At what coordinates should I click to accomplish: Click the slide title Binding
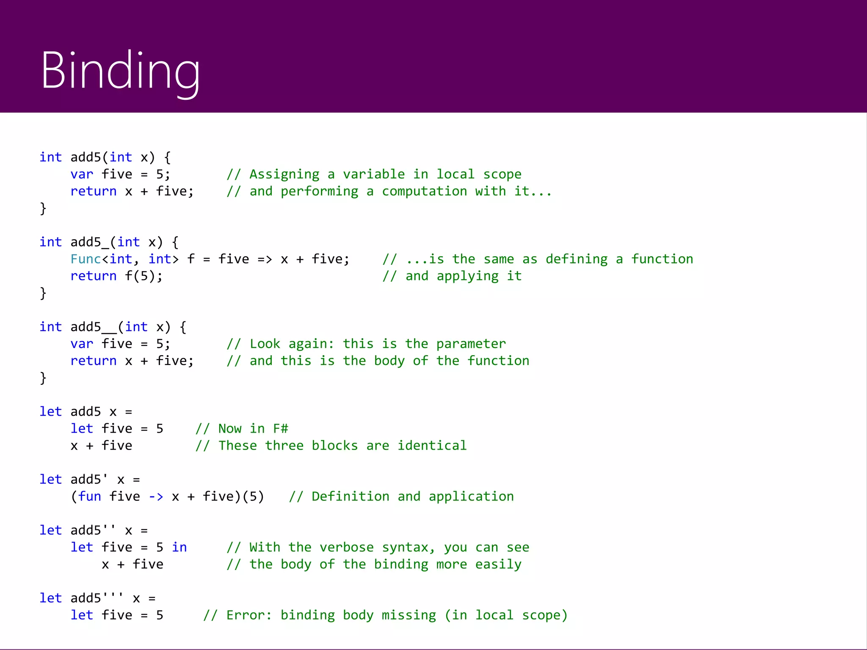coord(120,71)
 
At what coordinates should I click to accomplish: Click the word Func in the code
coord(86,259)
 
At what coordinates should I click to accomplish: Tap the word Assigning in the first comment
coord(284,174)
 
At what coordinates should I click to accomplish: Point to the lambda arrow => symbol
coord(265,259)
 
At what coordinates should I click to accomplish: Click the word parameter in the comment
coord(471,344)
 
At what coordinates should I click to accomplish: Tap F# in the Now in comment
coord(281,428)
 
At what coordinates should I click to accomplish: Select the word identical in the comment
coord(432,445)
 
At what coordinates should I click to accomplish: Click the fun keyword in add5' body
coord(90,496)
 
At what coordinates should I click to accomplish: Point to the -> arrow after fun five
coord(156,496)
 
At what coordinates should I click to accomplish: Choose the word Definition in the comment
coord(350,496)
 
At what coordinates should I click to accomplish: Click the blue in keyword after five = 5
coord(179,547)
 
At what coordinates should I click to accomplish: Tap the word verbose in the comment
coord(347,547)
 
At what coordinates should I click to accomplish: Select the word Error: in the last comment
coord(249,615)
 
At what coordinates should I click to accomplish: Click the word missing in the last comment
coord(409,615)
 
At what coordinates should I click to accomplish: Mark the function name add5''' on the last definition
coord(97,598)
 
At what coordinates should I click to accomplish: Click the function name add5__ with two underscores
coord(94,327)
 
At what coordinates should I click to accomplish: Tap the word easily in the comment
coord(498,564)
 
